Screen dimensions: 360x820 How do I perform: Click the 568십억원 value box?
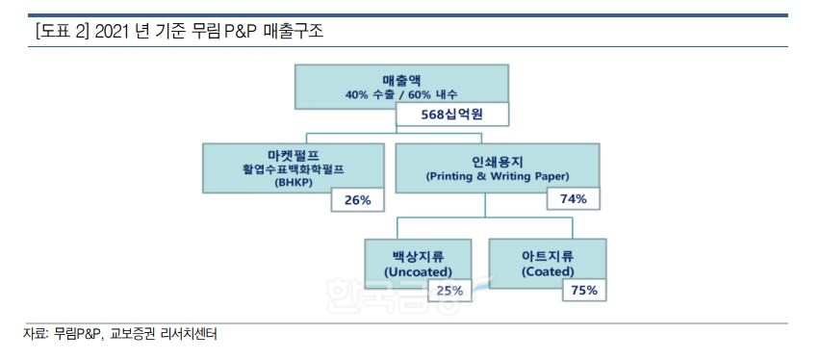tap(450, 115)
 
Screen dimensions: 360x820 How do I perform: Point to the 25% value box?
tap(449, 290)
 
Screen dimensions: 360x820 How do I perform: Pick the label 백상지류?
tap(417, 256)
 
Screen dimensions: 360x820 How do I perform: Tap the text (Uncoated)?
tap(417, 272)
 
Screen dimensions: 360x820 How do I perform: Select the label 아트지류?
tap(548, 256)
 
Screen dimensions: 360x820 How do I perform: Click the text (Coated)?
tap(548, 272)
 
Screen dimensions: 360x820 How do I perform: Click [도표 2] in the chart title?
tap(61, 32)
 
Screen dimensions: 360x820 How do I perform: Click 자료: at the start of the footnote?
tap(36, 335)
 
